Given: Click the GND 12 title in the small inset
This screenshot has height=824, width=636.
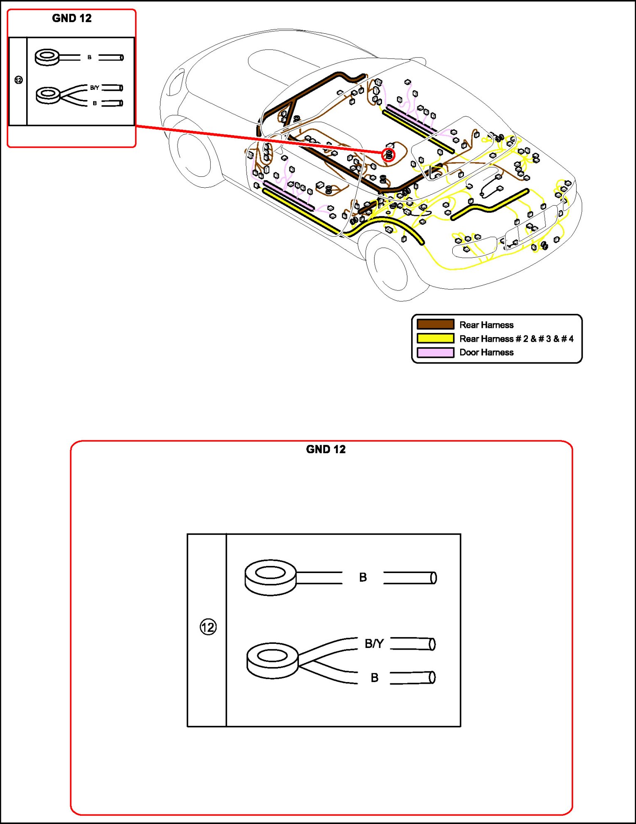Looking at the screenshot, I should pyautogui.click(x=71, y=18).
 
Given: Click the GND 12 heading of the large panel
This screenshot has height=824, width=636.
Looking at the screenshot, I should pyautogui.click(x=325, y=449).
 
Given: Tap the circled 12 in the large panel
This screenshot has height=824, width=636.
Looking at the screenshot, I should pyautogui.click(x=208, y=627).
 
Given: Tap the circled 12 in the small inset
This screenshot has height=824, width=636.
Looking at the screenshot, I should pyautogui.click(x=18, y=80).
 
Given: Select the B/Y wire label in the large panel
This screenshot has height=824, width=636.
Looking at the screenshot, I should pyautogui.click(x=374, y=644).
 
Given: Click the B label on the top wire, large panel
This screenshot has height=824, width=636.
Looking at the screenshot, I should pyautogui.click(x=363, y=578).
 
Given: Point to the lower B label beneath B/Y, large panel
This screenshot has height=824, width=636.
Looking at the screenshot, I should pyautogui.click(x=374, y=678).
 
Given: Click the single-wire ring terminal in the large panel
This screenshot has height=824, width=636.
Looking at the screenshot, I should pyautogui.click(x=271, y=577).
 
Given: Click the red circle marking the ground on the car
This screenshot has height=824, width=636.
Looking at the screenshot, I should pyautogui.click(x=388, y=155).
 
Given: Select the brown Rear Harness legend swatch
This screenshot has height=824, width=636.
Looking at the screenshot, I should pyautogui.click(x=435, y=325).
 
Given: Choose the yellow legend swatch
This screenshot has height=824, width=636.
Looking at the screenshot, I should pyautogui.click(x=435, y=338).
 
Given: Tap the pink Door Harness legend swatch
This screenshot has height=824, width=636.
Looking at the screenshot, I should pyautogui.click(x=435, y=352).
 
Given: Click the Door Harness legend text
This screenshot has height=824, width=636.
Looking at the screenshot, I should pyautogui.click(x=486, y=352).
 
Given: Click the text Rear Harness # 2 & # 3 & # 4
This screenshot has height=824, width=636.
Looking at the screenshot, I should pyautogui.click(x=516, y=339).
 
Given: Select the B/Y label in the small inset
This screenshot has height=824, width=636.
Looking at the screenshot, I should pyautogui.click(x=94, y=88).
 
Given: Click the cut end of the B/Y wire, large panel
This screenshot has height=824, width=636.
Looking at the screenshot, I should pyautogui.click(x=432, y=644).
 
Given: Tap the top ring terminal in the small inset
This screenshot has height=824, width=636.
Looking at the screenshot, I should pyautogui.click(x=47, y=57).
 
